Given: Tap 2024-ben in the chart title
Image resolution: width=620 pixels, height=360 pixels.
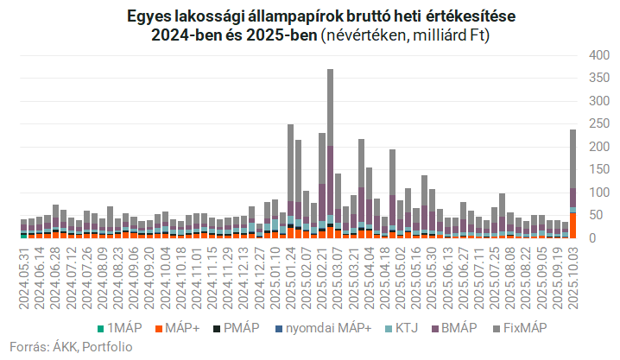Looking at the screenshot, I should click(188, 36).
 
